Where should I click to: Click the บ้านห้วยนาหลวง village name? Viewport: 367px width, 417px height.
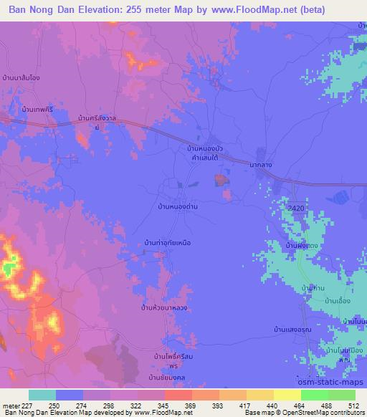point(166,307)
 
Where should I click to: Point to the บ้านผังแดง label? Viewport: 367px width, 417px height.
point(302,246)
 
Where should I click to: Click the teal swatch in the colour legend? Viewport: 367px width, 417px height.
point(42,395)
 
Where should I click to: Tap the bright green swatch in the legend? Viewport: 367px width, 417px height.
point(314,395)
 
